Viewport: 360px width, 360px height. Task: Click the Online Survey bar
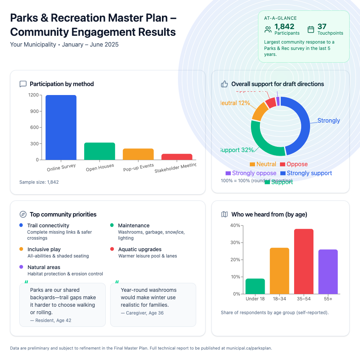click(61, 127)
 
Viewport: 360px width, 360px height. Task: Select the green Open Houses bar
click(99, 151)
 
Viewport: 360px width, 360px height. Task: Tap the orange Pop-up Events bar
click(138, 154)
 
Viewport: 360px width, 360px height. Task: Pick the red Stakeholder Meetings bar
click(177, 157)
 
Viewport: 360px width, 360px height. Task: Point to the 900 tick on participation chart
click(34, 111)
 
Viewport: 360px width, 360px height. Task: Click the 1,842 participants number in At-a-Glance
click(284, 26)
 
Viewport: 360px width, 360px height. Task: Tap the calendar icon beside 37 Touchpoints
click(311, 29)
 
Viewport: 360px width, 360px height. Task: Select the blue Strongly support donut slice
click(303, 123)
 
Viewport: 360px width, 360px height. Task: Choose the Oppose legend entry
click(294, 164)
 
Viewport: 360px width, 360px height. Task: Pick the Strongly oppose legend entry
click(251, 173)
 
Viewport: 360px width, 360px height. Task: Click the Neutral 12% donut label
click(235, 103)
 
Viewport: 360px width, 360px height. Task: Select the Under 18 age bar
click(255, 286)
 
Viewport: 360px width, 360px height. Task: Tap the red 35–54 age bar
click(304, 261)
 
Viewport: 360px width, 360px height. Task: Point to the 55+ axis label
click(328, 299)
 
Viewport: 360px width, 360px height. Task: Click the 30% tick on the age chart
click(235, 243)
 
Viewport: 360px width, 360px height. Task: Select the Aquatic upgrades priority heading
click(140, 249)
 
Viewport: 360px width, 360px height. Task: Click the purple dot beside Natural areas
click(21, 267)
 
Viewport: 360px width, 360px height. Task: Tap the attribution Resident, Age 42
click(48, 320)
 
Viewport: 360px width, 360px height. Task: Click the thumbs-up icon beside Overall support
click(224, 84)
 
